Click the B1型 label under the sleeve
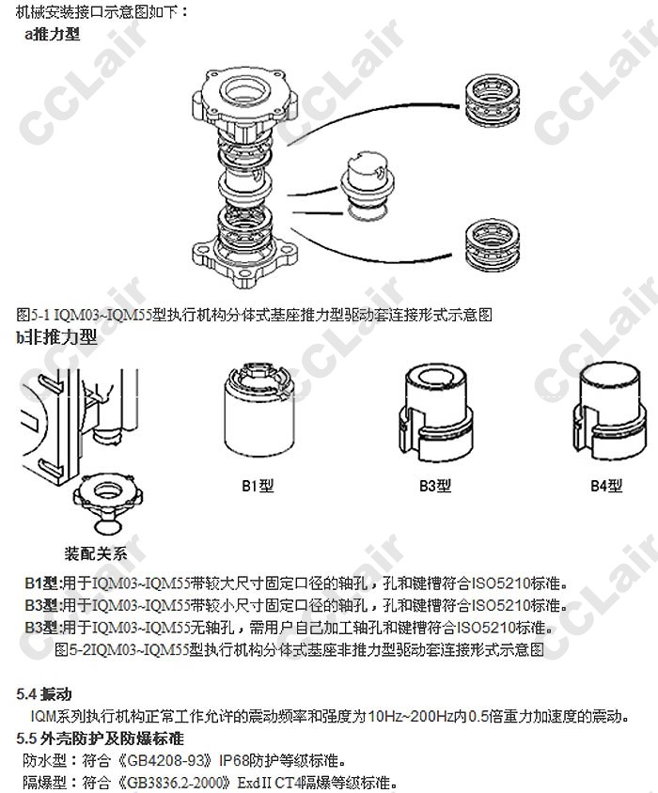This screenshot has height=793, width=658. pos(258,486)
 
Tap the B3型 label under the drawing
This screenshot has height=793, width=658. pos(435,486)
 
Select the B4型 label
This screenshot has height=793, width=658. pos(606,486)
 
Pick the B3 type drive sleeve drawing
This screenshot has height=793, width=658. pos(435,412)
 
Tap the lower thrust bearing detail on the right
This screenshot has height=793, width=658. pos(493,245)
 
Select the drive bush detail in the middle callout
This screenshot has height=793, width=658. pos(367,186)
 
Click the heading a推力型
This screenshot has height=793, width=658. pos(53,34)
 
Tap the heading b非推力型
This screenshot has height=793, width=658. pos(56,336)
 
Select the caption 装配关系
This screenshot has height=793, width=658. pos(96,553)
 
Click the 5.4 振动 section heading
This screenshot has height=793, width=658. pos(43,693)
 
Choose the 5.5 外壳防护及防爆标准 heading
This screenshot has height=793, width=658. pos(100,739)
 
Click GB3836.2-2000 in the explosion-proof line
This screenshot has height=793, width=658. pos(175,783)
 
